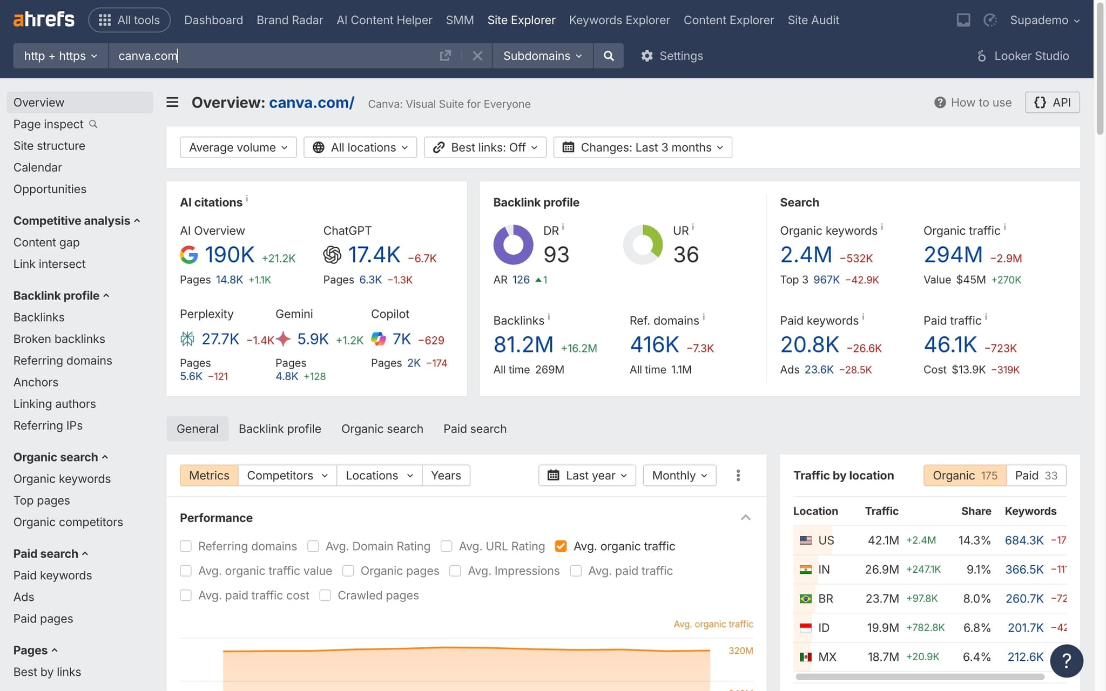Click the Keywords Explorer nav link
pos(619,20)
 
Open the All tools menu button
pos(130,20)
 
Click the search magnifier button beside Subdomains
pos(609,56)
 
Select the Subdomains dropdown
pos(542,56)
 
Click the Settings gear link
pos(672,56)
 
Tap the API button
pos(1052,103)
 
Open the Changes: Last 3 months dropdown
pos(643,147)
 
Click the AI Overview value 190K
pos(230,255)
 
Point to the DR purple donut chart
pos(513,245)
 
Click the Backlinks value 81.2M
pos(523,344)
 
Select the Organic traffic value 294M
pos(953,255)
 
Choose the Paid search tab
pos(475,429)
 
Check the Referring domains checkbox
pos(186,546)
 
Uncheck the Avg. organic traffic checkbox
pos(561,546)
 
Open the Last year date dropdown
pos(587,476)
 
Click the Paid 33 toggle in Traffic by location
pos(1036,476)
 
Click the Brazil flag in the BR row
pos(805,599)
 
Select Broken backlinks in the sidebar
pos(59,339)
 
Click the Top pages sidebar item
pos(42,500)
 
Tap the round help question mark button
pos(1067,661)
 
